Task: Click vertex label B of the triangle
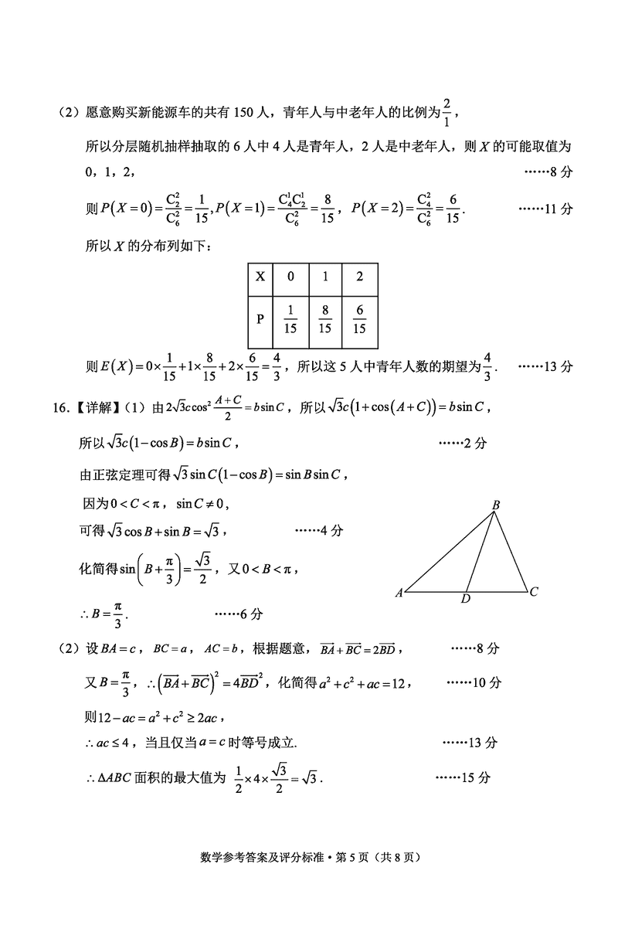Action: [x=496, y=505]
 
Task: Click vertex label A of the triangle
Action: [x=399, y=594]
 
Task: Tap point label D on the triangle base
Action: [x=466, y=599]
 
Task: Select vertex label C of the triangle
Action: [x=534, y=592]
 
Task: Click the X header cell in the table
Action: [x=260, y=276]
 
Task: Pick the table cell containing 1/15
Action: [x=290, y=319]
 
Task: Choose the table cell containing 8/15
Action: [x=324, y=319]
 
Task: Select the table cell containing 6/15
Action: [x=359, y=319]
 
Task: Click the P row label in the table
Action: [x=260, y=319]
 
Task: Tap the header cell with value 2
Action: [x=359, y=276]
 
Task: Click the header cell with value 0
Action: [x=290, y=276]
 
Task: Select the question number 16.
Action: [x=62, y=407]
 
